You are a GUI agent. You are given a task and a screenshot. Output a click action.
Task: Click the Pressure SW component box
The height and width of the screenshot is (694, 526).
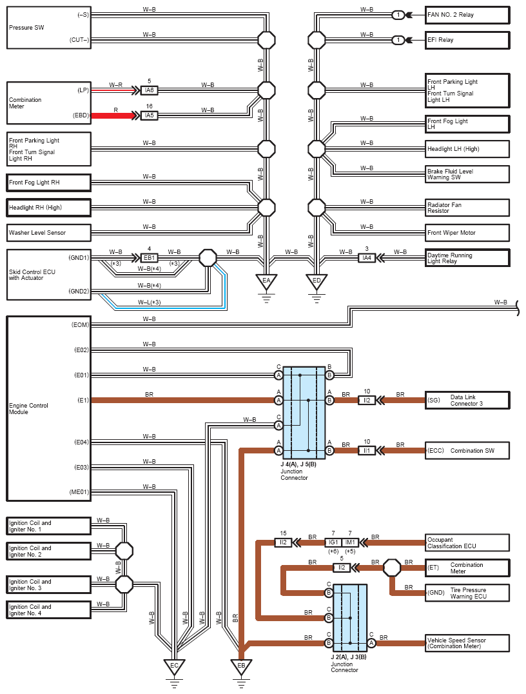click(48, 28)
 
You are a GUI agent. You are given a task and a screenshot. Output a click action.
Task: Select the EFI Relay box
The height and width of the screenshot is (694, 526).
click(467, 40)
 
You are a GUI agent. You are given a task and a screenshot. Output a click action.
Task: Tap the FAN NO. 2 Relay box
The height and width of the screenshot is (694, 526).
click(467, 15)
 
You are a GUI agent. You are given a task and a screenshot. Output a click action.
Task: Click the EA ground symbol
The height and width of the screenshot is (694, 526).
click(266, 281)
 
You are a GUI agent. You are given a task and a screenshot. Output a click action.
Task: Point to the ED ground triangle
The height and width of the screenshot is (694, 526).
click(317, 281)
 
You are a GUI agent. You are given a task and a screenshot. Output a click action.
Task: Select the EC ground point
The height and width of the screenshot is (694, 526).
click(174, 666)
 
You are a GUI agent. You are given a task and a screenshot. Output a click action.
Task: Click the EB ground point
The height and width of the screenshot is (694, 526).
click(241, 666)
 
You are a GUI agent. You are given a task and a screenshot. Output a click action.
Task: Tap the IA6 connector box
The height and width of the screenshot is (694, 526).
click(149, 90)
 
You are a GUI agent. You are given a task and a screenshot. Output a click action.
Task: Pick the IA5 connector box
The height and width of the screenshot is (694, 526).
click(149, 115)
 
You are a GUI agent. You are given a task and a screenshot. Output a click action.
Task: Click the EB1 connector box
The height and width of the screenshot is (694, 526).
click(149, 257)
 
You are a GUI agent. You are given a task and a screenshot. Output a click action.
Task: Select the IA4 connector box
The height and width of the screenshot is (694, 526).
click(367, 257)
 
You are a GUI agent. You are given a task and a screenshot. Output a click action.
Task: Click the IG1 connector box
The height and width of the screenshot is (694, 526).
click(333, 542)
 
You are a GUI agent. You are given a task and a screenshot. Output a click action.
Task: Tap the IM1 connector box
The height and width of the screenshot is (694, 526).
click(350, 542)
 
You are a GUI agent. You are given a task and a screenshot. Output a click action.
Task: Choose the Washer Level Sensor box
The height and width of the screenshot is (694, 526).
click(48, 233)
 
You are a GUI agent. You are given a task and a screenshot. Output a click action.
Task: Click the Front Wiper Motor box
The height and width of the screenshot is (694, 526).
click(467, 233)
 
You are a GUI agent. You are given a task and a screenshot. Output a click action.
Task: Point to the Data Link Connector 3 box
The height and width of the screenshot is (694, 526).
click(467, 400)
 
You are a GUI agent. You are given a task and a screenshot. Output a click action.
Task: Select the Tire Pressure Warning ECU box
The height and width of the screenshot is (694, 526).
click(467, 593)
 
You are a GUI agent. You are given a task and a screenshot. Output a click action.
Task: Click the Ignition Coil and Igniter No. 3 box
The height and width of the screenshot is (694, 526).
click(48, 585)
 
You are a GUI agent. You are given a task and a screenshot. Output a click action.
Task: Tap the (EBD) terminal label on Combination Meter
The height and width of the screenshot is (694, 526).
click(81, 115)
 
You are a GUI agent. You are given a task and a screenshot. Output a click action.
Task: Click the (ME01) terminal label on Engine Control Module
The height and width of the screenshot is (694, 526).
click(79, 492)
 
